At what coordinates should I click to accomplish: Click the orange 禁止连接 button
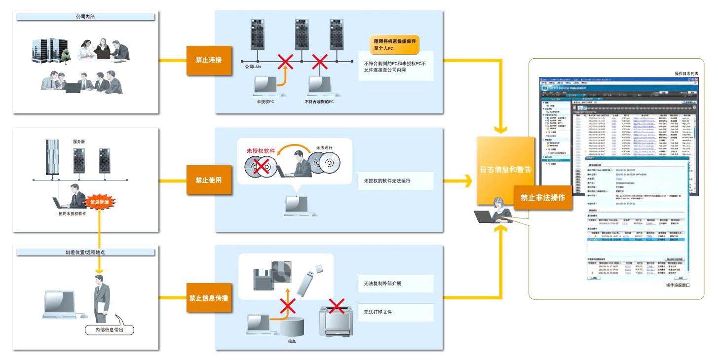click(x=209, y=60)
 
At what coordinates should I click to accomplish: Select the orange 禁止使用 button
click(x=209, y=180)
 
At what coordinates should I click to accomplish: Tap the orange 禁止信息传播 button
click(x=209, y=298)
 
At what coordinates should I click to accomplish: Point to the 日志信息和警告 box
click(x=505, y=170)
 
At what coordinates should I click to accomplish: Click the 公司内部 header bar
click(x=86, y=17)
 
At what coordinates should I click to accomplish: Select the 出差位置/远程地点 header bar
click(x=86, y=252)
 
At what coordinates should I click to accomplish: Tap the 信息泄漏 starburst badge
click(x=101, y=202)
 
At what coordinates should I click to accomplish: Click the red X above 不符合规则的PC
click(x=320, y=62)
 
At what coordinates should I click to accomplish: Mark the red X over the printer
click(x=337, y=306)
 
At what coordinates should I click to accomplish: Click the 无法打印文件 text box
click(x=396, y=312)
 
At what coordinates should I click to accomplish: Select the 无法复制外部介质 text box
click(x=396, y=283)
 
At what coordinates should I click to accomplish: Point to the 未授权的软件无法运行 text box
click(x=396, y=181)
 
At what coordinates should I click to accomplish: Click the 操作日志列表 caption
click(x=690, y=73)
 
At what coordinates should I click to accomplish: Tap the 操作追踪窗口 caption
click(x=678, y=285)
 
